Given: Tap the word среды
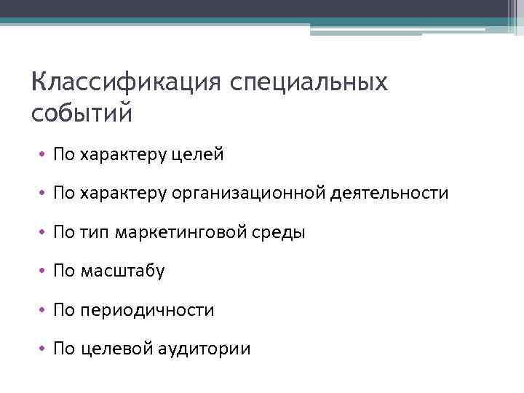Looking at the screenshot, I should [x=276, y=233].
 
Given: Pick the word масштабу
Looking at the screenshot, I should [x=124, y=272].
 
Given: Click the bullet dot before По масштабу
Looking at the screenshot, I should [x=44, y=272].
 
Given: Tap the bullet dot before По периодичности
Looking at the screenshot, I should [x=44, y=311].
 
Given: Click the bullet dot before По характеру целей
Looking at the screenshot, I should [x=44, y=154].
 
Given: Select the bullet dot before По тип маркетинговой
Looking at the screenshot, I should [x=44, y=233].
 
